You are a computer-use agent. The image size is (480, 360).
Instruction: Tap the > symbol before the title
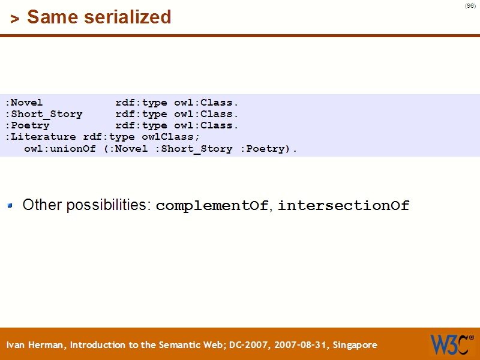pos(15,19)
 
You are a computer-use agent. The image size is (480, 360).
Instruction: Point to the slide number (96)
pos(470,6)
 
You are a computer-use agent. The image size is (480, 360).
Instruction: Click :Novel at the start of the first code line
pos(25,103)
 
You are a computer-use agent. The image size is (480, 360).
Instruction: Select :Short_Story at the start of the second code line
pos(44,114)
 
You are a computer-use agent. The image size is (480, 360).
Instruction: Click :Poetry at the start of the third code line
pos(28,125)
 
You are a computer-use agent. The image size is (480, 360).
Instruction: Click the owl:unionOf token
pos(60,149)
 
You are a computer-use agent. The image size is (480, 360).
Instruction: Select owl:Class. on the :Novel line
pos(206,103)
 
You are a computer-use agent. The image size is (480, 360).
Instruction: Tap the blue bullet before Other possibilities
pos(10,206)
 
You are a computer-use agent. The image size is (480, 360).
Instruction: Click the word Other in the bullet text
pos(42,205)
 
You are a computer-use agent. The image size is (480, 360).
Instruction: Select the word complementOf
pos(212,206)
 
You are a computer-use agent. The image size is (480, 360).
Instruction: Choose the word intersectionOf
pos(343,206)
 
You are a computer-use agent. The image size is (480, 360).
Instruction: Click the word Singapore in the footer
pos(355,345)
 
